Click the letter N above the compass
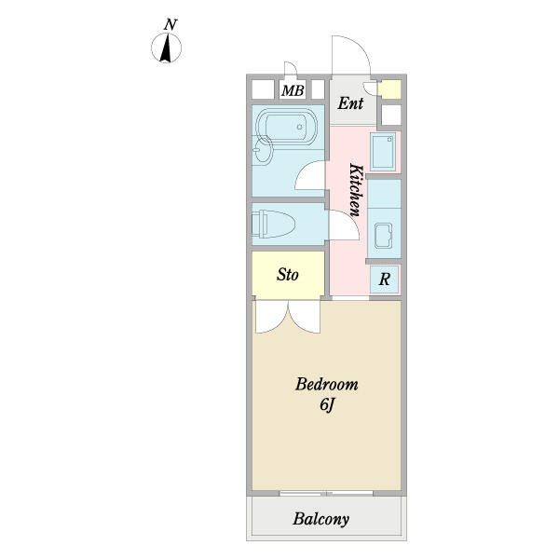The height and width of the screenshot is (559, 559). (x=170, y=25)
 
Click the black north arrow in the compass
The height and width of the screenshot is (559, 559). (x=166, y=48)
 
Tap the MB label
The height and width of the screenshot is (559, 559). (x=293, y=90)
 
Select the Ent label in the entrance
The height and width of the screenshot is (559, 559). (x=350, y=103)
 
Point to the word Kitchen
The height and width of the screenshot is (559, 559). (x=357, y=190)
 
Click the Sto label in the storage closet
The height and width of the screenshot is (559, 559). (x=287, y=275)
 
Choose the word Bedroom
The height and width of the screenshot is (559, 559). (x=327, y=385)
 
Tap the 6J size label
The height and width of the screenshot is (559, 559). (x=327, y=404)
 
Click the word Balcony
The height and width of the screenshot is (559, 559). (x=320, y=519)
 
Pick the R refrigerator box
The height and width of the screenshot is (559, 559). (x=384, y=279)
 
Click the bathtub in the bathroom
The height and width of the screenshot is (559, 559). (x=286, y=126)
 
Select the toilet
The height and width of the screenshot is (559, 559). (x=273, y=224)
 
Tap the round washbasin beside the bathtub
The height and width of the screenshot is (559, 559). (x=262, y=151)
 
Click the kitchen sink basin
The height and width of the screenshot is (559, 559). (x=383, y=236)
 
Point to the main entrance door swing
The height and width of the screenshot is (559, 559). (x=351, y=55)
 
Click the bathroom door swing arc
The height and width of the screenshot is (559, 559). (x=309, y=175)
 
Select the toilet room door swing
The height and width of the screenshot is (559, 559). (x=344, y=225)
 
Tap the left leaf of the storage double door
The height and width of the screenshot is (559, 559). (x=272, y=317)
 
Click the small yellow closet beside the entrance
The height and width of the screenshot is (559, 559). (x=389, y=89)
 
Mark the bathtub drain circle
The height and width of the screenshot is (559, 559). (x=299, y=127)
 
